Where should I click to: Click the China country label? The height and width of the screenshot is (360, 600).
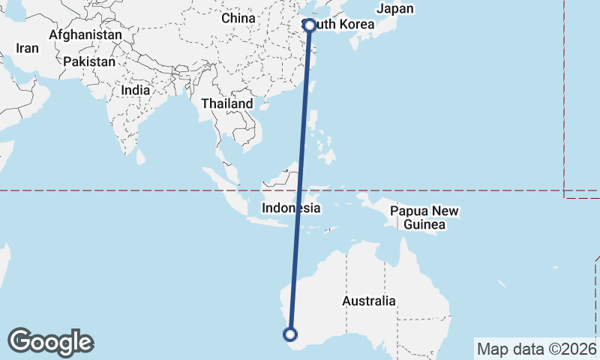click(239, 18)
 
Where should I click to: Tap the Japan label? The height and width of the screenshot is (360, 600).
click(394, 10)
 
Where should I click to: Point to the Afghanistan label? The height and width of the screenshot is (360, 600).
click(85, 35)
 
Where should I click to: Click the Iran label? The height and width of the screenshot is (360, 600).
click(27, 48)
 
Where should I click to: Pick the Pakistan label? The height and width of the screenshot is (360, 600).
click(89, 61)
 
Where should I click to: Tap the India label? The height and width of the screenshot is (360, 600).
click(135, 90)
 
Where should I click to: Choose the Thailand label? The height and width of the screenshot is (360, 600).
click(226, 103)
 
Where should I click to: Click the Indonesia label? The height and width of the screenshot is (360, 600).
click(291, 208)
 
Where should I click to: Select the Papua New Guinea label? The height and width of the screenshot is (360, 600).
click(424, 218)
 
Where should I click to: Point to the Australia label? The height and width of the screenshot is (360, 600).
click(368, 301)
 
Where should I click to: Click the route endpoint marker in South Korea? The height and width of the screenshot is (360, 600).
click(310, 25)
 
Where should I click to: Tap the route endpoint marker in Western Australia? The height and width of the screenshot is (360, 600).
click(291, 334)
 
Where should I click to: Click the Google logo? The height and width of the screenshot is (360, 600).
click(50, 342)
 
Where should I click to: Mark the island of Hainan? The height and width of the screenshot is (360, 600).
click(264, 106)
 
